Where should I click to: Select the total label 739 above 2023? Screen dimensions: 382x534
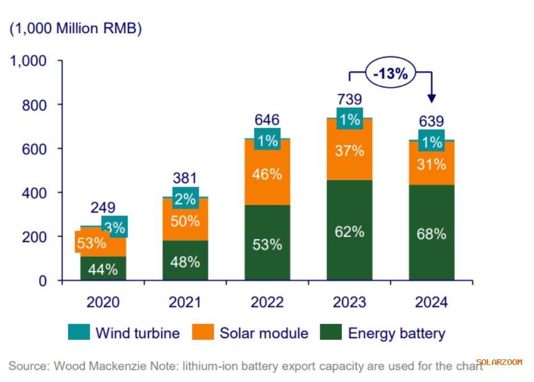pos(349,99)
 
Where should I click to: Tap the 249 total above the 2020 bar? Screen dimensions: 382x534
pos(103,207)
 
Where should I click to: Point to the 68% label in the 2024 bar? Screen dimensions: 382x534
pos(432,234)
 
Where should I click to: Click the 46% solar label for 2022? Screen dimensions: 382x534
pos(268,174)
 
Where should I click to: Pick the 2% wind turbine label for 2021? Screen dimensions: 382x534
pos(185,200)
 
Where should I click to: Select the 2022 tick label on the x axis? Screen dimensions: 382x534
pos(267,302)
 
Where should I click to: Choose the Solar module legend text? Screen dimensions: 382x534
pos(264,333)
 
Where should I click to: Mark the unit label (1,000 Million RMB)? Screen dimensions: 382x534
pos(76,30)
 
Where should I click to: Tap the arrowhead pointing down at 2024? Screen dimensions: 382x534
pos(432,98)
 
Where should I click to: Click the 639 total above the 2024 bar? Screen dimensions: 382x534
pos(432,121)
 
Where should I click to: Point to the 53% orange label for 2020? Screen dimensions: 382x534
pos(91,243)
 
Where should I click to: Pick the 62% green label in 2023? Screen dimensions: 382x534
pos(349,231)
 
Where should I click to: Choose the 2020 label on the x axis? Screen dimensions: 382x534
pos(103,302)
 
